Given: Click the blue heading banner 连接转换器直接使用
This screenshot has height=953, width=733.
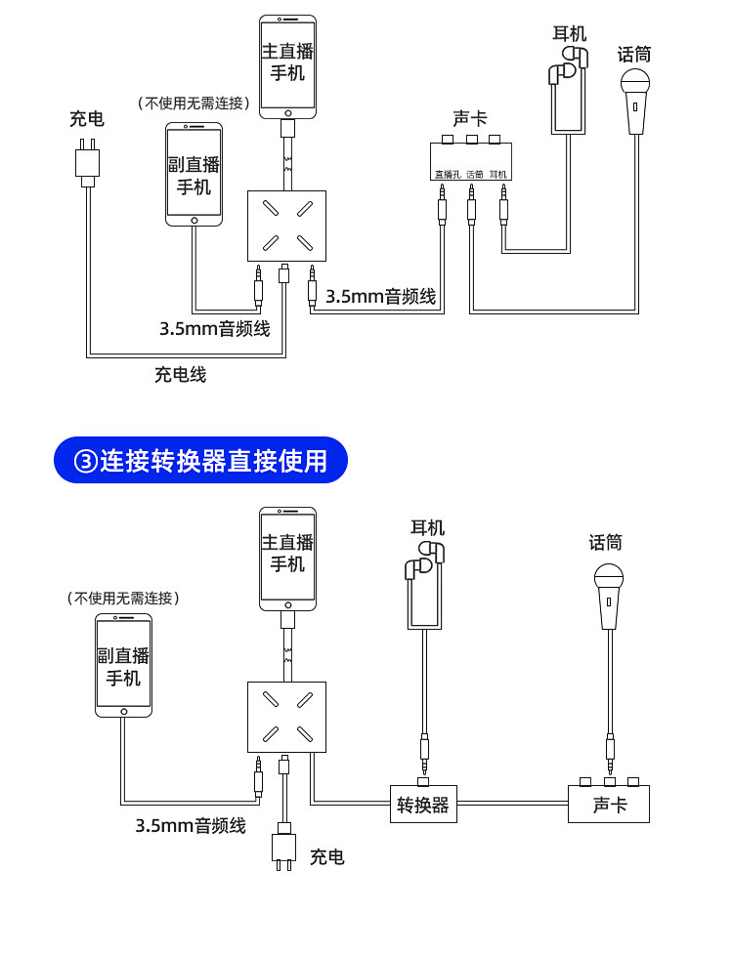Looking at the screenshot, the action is pos(200,460).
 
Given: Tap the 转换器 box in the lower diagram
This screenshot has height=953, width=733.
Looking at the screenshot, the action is pos(423,805).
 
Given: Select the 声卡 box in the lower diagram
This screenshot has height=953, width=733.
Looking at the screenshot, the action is pos(609,805).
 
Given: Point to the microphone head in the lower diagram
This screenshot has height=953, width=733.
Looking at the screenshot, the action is pos(609,579).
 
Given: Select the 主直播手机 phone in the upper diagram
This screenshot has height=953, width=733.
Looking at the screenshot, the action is pos(287,67).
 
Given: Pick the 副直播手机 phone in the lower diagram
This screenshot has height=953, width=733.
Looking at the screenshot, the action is pos(123,666).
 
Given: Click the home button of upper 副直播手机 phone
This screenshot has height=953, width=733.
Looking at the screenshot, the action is pos(194,221).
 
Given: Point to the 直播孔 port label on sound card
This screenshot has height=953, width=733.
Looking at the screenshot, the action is pos(447,175).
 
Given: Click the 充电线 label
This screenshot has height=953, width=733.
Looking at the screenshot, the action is pos(181,374).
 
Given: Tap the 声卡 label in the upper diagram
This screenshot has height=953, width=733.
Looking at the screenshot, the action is pos(469,118).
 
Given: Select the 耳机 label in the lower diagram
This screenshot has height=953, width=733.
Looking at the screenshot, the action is pos(428,527).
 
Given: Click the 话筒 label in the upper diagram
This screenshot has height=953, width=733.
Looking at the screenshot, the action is pos(634,55).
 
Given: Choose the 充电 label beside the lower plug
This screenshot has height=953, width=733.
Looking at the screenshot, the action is pos(327,857).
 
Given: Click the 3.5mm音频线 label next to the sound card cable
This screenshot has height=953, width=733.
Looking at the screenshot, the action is pos(381,297).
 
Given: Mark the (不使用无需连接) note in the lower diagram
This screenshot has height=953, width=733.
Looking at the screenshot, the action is pos(123,598).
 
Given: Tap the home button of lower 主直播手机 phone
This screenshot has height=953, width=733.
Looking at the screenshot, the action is pos(287,605).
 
